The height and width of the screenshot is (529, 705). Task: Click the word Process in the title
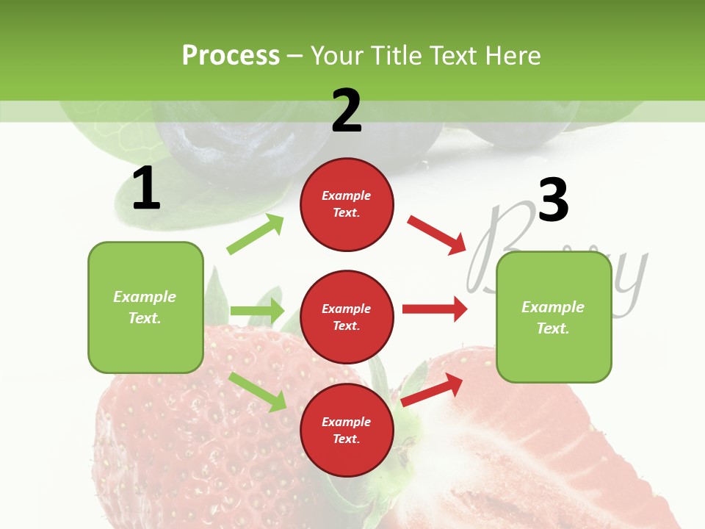231,56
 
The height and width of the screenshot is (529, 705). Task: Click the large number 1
146,188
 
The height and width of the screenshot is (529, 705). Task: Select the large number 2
347,110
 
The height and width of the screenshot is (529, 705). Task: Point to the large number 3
553,200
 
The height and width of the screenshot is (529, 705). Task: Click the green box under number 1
145,307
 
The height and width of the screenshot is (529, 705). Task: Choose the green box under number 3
554,317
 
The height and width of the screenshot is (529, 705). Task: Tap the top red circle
347,204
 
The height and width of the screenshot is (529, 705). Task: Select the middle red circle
347,317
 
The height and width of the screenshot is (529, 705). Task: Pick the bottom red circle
347,430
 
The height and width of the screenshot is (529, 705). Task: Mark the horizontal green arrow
257,311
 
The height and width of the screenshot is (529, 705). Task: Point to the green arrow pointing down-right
257,392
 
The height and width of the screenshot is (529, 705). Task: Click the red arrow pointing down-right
436,235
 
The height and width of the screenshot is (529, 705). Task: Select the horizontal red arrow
435,309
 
